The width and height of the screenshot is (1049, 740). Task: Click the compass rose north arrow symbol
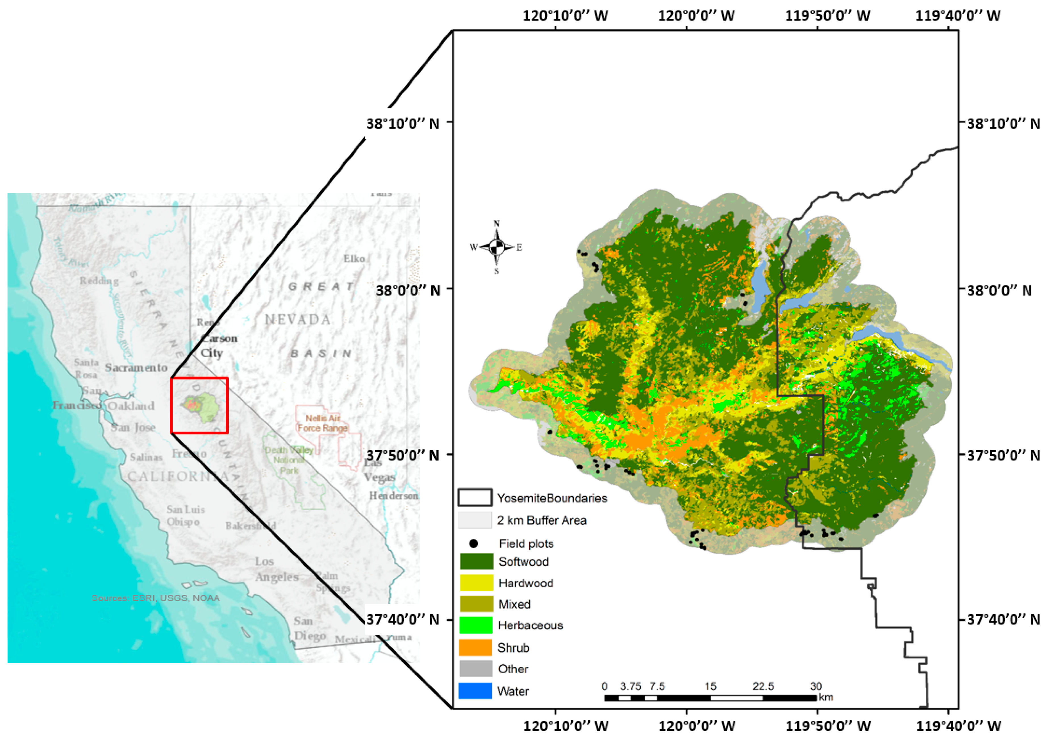[497, 247]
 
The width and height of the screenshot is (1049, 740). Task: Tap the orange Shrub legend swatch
[476, 647]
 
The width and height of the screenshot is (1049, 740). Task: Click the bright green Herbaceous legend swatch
[476, 625]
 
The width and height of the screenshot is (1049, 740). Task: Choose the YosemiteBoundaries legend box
[475, 498]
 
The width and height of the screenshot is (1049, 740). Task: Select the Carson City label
[218, 346]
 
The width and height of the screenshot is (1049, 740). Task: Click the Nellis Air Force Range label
[323, 423]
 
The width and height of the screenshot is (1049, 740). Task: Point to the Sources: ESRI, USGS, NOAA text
[156, 598]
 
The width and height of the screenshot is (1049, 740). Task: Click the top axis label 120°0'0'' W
[696, 16]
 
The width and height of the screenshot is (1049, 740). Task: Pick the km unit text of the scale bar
[826, 697]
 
